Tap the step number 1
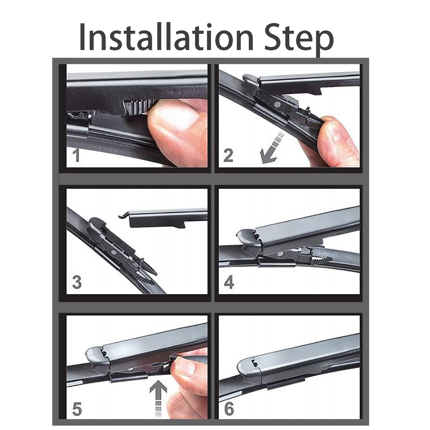(76, 156)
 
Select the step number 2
(228, 155)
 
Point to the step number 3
(77, 283)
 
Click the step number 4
(229, 282)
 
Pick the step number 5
(77, 408)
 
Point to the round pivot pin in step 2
(277, 104)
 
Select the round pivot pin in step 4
(279, 253)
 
